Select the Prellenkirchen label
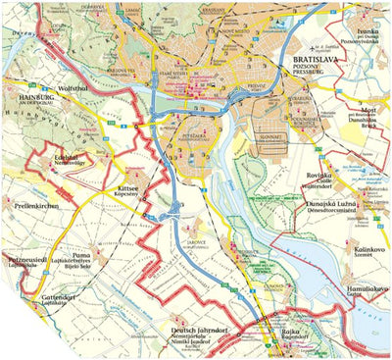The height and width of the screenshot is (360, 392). coord(37,207)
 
